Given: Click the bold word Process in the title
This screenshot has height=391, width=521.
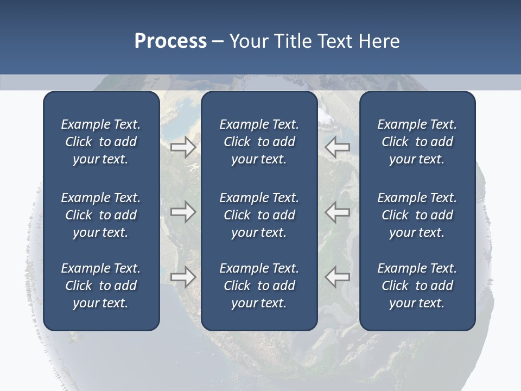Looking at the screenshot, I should tap(170, 41).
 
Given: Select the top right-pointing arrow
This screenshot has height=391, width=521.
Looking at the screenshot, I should tap(183, 147).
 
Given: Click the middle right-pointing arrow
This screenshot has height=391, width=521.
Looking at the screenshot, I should tap(183, 211).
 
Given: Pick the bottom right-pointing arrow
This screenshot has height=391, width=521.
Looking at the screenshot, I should tap(183, 277).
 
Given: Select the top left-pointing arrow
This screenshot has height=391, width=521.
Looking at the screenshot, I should tap(337, 147).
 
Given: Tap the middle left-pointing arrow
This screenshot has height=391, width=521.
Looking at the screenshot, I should tap(337, 211).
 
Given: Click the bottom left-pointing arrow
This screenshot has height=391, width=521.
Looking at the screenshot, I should tap(337, 277).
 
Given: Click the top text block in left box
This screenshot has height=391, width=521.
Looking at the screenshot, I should tap(101, 142).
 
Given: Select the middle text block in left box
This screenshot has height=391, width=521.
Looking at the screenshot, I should tap(101, 215).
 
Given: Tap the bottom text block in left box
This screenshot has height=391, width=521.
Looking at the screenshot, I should tap(101, 286).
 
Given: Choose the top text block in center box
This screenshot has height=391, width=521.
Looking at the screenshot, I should tap(259, 142).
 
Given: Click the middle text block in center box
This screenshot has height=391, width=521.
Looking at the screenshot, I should tap(259, 215).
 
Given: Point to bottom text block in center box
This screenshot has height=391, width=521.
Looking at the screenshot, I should tap(259, 286).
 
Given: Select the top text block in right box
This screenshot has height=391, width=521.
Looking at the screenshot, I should tap(417, 142).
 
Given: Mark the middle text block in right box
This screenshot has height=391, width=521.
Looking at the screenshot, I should tap(417, 215).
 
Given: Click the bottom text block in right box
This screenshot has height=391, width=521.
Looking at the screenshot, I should tap(417, 286).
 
